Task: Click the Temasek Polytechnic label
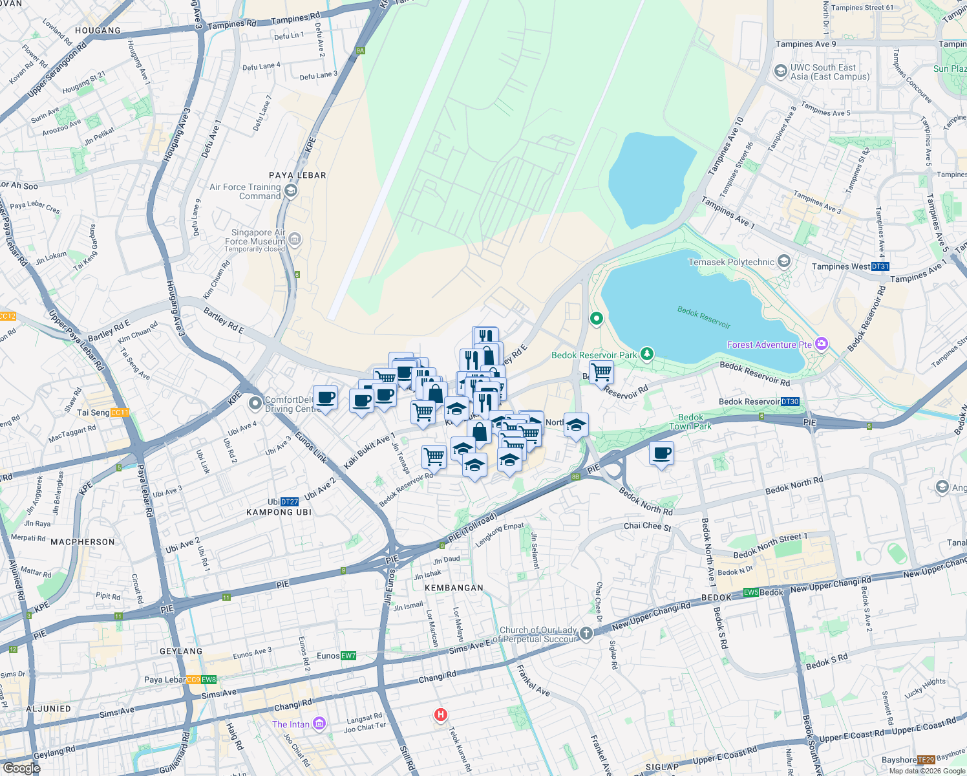pyautogui.click(x=731, y=262)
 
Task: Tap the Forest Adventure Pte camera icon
pyautogui.click(x=822, y=344)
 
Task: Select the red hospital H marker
pyautogui.click(x=441, y=715)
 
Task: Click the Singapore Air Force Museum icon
pyautogui.click(x=295, y=240)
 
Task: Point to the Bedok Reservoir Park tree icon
pyautogui.click(x=646, y=354)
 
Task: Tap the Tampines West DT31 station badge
pyautogui.click(x=880, y=266)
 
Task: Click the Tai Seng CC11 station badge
pyautogui.click(x=120, y=413)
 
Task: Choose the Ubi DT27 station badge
pyautogui.click(x=290, y=502)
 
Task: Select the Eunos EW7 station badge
pyautogui.click(x=348, y=656)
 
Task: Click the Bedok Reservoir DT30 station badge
pyautogui.click(x=790, y=402)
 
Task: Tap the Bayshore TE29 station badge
pyautogui.click(x=926, y=760)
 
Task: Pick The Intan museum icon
pyautogui.click(x=319, y=724)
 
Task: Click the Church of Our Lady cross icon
pyautogui.click(x=586, y=633)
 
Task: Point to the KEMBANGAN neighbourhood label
pyautogui.click(x=454, y=588)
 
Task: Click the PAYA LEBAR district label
pyautogui.click(x=297, y=175)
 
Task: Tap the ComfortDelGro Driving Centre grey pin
pyautogui.click(x=255, y=404)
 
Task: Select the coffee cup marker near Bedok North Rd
pyautogui.click(x=661, y=453)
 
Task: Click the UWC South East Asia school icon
pyautogui.click(x=781, y=71)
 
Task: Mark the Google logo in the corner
pyautogui.click(x=21, y=768)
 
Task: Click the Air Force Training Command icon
pyautogui.click(x=290, y=190)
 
